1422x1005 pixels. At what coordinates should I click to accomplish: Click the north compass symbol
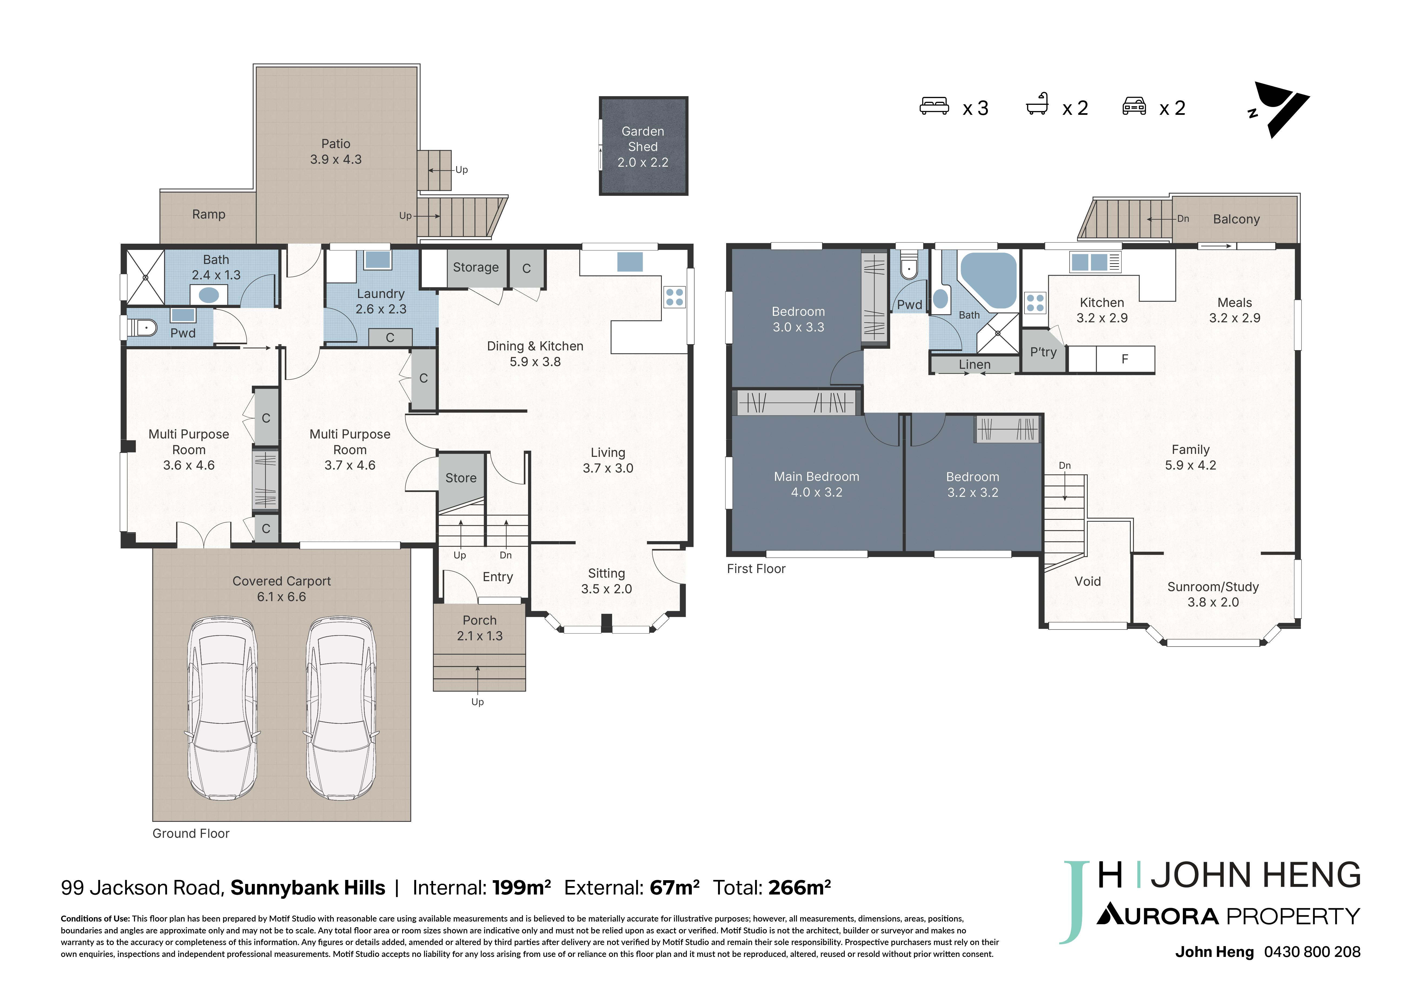tap(1280, 110)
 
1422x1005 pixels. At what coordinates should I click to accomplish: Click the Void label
tap(1087, 581)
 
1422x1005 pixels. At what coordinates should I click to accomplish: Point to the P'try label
tap(1044, 352)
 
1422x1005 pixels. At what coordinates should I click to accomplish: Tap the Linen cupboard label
tap(975, 365)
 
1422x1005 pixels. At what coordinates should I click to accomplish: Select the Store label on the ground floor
tap(461, 478)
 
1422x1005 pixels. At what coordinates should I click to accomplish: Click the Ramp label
tap(209, 214)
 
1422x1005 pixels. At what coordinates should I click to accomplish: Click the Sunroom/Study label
tap(1213, 587)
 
